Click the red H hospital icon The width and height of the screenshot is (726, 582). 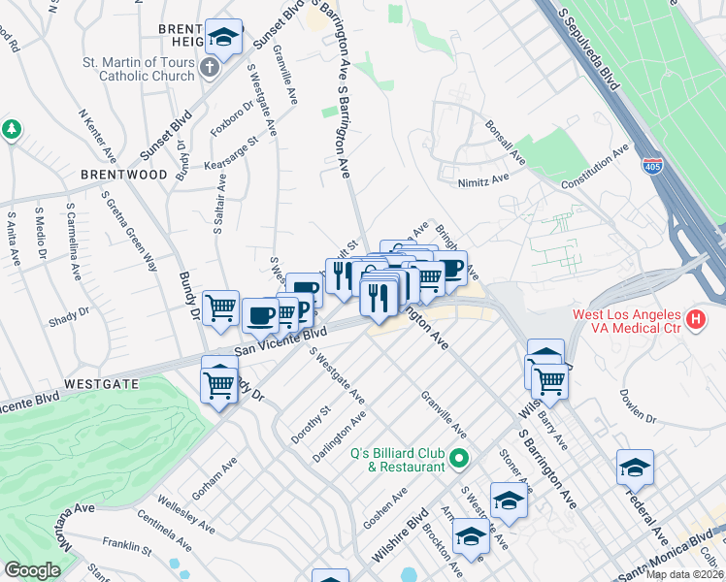695,318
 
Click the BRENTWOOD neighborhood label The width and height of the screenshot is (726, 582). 124,175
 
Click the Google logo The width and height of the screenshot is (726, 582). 32,570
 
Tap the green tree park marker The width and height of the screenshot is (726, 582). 12,129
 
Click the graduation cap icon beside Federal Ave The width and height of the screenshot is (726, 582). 635,469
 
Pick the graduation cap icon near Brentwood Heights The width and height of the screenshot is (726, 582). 224,39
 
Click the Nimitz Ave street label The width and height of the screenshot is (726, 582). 483,179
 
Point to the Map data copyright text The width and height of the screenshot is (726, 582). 685,574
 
